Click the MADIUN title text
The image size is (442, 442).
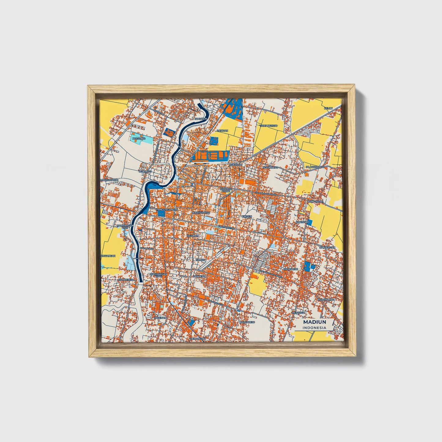point(314,322)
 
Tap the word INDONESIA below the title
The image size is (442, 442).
point(314,328)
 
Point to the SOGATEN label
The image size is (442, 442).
point(201,119)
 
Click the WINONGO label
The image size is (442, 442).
point(146,172)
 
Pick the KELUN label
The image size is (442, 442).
point(328,108)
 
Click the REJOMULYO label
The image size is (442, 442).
point(270,168)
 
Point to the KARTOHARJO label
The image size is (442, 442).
point(201,212)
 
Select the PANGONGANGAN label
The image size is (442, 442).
point(167,210)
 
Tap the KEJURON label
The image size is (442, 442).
point(193,236)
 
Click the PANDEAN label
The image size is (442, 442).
point(199,276)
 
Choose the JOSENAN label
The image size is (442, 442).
point(160,318)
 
